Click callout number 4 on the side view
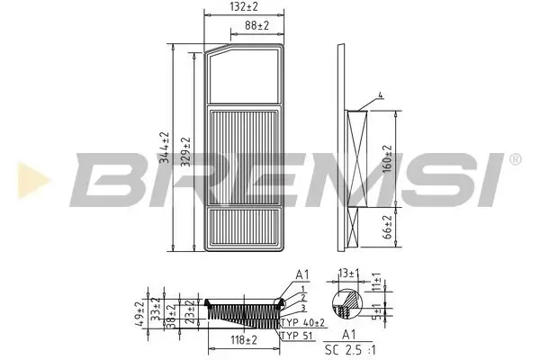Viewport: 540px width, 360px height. click(x=380, y=94)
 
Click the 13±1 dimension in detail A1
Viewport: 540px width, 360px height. click(x=348, y=273)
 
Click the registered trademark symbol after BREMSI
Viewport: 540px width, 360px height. click(x=515, y=158)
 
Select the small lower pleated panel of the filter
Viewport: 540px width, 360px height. click(x=245, y=229)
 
